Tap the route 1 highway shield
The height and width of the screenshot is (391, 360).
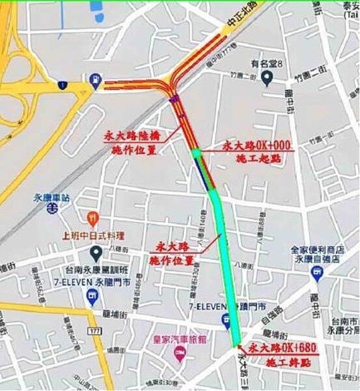coord(62,85)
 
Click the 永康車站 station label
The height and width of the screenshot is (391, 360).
coord(51,194)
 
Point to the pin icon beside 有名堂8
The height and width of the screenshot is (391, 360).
coord(266,78)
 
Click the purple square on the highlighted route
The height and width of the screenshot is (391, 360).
coord(173,99)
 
